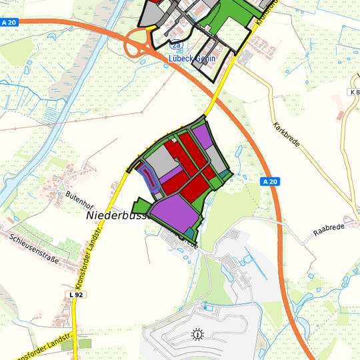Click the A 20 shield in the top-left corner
[8, 22]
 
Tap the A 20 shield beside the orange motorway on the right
[269, 181]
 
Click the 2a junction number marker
[175, 45]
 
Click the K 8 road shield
[354, 91]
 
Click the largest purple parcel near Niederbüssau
[175, 209]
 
